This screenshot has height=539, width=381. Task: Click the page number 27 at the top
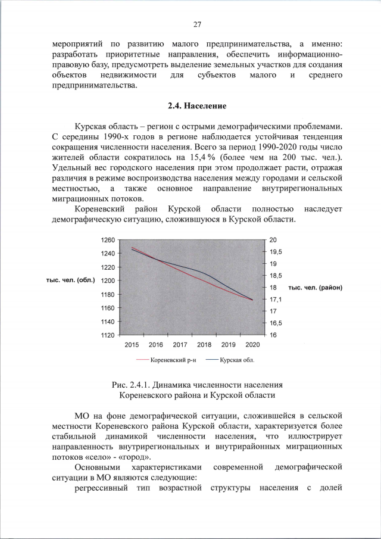197,24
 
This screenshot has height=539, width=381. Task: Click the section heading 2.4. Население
197,106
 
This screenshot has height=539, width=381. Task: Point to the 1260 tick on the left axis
107,240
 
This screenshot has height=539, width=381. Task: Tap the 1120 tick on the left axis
107,336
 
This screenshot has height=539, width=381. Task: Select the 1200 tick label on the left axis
107,281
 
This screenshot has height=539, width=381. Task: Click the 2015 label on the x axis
132,345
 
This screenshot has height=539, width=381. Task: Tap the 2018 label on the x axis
204,345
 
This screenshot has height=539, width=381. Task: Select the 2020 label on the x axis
252,345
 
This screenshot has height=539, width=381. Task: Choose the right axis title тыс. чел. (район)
315,288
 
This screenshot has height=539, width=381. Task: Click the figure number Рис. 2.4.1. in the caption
130,385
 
